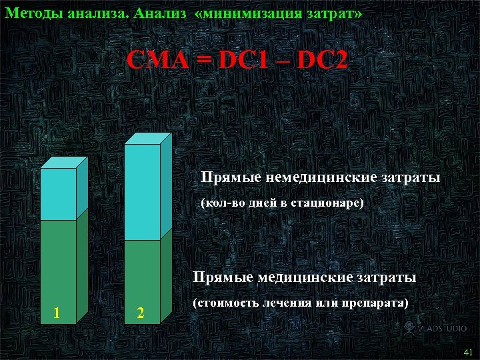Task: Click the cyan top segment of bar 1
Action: click(x=58, y=194)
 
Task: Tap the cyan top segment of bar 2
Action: click(x=143, y=192)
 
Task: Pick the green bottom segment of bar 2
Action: click(x=143, y=280)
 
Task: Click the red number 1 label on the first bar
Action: click(x=57, y=312)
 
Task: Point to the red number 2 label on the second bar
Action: click(x=140, y=313)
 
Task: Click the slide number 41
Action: click(x=467, y=351)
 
